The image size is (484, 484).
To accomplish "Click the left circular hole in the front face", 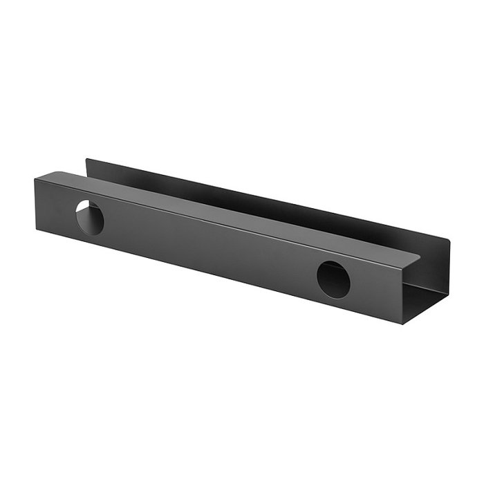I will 89,216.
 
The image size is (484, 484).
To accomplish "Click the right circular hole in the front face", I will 333,279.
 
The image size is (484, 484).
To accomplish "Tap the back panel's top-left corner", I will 86,160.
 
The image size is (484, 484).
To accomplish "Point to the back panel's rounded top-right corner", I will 447,243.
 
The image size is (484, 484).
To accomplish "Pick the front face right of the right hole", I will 377,290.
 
